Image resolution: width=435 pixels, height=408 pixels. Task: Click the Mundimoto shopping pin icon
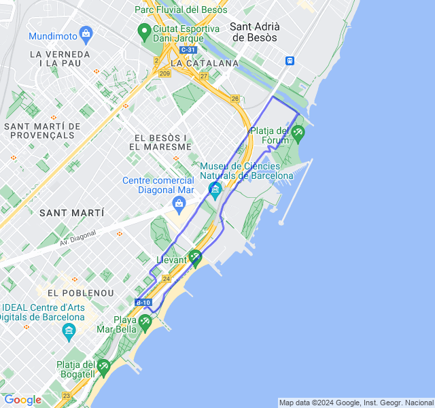click(x=86, y=33)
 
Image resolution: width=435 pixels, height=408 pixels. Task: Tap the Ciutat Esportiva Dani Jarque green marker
click(x=143, y=31)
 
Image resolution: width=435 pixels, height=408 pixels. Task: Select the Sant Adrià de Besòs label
click(x=254, y=32)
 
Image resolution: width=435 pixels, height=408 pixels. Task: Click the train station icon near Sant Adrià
click(x=290, y=60)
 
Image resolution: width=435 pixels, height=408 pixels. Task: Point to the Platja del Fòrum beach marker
click(x=297, y=132)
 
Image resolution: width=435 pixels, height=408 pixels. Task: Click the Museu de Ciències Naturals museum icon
click(x=215, y=188)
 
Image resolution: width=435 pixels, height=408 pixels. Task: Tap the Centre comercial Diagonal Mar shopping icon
click(x=179, y=202)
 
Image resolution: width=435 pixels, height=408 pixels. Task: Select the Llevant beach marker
click(x=195, y=257)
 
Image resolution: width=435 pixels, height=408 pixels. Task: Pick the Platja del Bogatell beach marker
click(x=103, y=367)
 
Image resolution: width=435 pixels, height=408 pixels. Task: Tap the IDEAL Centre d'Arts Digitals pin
click(x=69, y=331)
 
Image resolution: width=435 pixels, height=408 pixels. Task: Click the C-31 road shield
click(x=188, y=50)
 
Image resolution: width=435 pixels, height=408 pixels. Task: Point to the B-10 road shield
click(x=143, y=302)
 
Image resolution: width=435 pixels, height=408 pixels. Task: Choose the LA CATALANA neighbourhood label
click(x=205, y=63)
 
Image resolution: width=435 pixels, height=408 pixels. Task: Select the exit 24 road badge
click(x=167, y=279)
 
